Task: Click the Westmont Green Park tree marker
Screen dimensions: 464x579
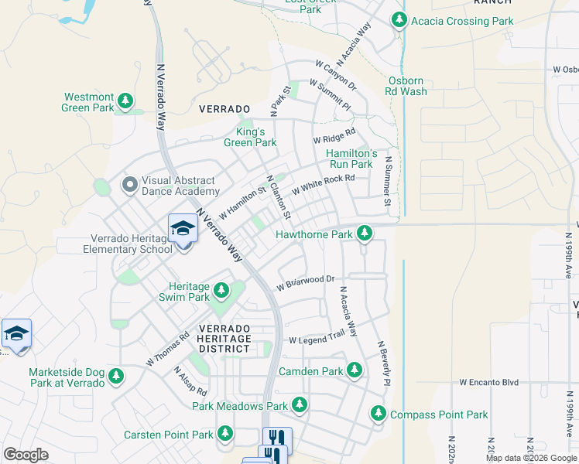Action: (124, 102)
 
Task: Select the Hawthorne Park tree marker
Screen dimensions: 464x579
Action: (365, 234)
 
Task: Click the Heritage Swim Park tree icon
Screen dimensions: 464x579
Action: (221, 291)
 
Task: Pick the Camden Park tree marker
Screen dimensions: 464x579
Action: (355, 371)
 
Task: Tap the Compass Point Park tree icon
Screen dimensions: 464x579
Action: (379, 415)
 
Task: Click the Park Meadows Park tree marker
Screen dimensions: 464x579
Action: (299, 405)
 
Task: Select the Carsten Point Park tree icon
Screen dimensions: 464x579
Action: (224, 435)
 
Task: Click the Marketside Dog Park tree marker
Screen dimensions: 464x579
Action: (116, 377)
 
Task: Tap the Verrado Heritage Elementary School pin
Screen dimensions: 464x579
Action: (183, 230)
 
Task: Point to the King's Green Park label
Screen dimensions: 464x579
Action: (250, 137)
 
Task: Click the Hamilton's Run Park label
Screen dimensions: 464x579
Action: (351, 159)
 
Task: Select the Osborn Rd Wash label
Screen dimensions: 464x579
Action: (406, 86)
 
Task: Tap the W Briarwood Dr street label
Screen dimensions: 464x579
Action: (305, 280)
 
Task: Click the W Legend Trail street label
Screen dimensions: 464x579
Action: (316, 339)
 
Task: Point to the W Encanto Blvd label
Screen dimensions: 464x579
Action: (488, 382)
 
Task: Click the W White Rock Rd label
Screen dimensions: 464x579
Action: (323, 184)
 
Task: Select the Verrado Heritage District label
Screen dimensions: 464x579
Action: (224, 338)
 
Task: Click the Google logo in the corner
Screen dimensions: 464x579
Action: (26, 455)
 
